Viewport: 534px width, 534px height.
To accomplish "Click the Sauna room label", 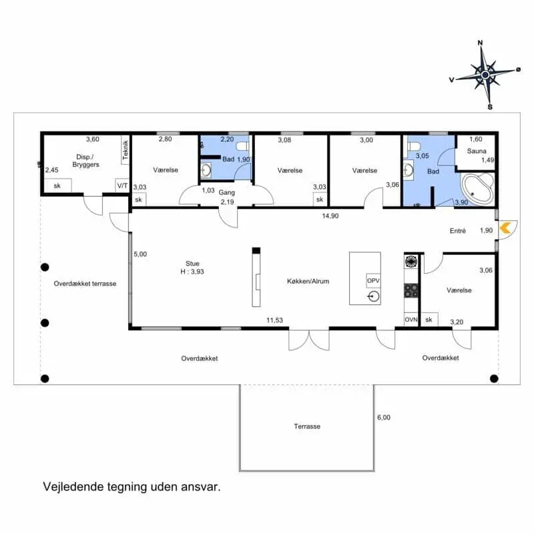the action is (x=477, y=151).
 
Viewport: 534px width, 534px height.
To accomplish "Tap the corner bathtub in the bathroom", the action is (x=477, y=189).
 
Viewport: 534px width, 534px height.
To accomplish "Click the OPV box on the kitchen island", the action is (x=373, y=280).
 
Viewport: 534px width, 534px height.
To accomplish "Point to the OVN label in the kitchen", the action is (x=411, y=320).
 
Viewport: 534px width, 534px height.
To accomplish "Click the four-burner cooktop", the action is (x=411, y=291).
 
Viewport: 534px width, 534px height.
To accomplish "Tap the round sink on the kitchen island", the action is (x=374, y=296).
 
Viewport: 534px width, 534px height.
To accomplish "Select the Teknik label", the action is (x=125, y=150).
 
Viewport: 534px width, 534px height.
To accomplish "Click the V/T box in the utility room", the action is (x=122, y=186).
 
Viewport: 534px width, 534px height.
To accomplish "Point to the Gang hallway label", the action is (x=226, y=192).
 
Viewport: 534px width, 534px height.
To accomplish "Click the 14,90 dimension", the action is (x=330, y=216).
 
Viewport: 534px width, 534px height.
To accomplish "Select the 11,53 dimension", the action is (x=274, y=320).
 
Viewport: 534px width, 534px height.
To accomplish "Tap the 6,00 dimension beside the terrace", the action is (x=384, y=417).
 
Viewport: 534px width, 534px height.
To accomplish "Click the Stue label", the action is (x=192, y=263).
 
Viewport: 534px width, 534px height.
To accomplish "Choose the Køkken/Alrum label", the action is (x=308, y=281).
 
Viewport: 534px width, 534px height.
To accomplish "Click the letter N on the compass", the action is (x=480, y=43).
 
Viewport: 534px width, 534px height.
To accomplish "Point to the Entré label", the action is (x=457, y=230).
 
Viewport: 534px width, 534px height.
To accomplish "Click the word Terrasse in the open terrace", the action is (x=307, y=427).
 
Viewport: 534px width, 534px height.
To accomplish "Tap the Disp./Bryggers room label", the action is (x=86, y=161).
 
